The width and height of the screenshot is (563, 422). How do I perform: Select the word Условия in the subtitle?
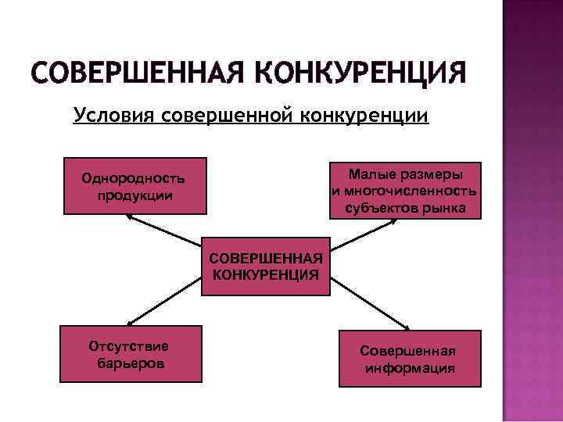coord(113,116)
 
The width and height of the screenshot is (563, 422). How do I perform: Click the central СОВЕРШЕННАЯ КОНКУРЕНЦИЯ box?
coord(266,266)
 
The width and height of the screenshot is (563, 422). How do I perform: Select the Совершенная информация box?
coord(410,359)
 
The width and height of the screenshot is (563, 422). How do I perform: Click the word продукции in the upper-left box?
coord(135,195)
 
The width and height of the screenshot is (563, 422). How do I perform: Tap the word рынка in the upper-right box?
coord(448,207)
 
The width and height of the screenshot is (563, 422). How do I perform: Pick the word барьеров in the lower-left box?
coord(131,363)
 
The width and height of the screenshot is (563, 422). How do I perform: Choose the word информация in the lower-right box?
coord(410,368)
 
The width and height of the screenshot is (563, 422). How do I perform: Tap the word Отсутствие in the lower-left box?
coord(130,345)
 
